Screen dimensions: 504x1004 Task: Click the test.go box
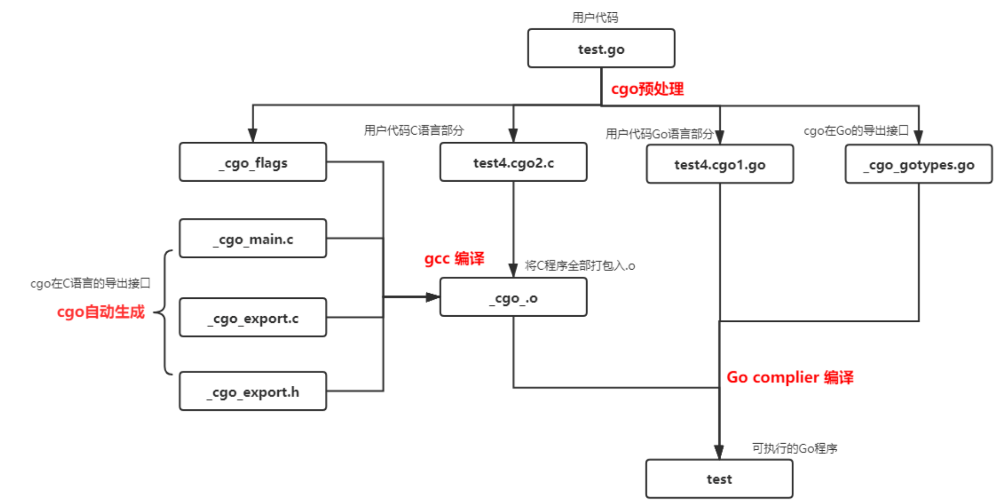click(x=601, y=49)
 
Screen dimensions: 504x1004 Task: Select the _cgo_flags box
click(x=253, y=162)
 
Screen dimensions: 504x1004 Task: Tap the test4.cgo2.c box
click(x=513, y=162)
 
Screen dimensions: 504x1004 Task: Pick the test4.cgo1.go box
click(x=720, y=164)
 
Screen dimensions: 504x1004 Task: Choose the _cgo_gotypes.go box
click(x=919, y=164)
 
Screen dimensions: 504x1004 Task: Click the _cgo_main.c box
click(x=253, y=238)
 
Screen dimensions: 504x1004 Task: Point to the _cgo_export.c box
click(x=253, y=318)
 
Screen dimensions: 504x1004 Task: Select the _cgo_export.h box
click(x=253, y=391)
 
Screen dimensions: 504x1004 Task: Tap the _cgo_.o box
click(x=513, y=297)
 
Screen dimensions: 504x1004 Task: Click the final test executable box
click(x=719, y=479)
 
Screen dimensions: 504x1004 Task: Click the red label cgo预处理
click(x=647, y=89)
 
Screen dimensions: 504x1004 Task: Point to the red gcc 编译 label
click(x=454, y=258)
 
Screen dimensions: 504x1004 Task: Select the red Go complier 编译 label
click(x=790, y=377)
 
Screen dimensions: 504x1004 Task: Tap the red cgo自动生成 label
click(x=101, y=312)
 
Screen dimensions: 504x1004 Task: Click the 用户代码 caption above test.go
click(x=595, y=17)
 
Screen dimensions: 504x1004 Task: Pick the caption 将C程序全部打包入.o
click(x=580, y=266)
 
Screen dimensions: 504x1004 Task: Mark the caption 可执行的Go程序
click(x=794, y=448)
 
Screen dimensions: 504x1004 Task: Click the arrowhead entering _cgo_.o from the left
click(x=433, y=297)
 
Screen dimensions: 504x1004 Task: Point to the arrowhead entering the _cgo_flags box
click(x=253, y=135)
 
